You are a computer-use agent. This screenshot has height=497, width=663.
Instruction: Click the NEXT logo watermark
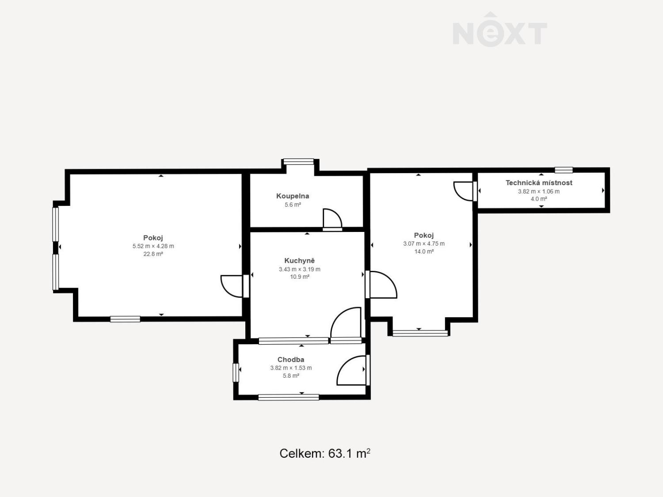point(500,30)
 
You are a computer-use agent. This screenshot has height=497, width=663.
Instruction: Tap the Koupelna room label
point(293,196)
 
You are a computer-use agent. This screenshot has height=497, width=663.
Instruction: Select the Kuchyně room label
point(299,261)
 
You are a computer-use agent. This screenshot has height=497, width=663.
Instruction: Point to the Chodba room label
point(291,360)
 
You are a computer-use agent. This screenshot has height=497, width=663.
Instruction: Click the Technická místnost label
point(539,182)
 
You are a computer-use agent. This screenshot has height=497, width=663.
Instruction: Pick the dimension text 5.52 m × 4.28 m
point(153,246)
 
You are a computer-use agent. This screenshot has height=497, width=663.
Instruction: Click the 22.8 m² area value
point(153,254)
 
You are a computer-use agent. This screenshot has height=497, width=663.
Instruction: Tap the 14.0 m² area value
point(424,251)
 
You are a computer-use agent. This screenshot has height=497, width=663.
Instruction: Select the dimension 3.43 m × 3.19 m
point(299,269)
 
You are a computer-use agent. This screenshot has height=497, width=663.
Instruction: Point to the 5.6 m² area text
point(293,205)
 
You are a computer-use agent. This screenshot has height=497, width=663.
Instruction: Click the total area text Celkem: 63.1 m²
point(325,453)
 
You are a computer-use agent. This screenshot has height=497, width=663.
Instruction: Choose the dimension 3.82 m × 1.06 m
point(539,191)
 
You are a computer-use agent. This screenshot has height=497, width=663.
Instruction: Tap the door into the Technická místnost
point(465,191)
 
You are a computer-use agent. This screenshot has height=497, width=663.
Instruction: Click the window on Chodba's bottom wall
point(289,398)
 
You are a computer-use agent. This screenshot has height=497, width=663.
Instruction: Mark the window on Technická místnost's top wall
point(564,170)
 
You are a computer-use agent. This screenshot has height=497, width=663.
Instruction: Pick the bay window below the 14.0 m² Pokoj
point(420,333)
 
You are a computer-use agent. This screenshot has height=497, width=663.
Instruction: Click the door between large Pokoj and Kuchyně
point(234,286)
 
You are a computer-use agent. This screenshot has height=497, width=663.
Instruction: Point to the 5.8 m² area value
point(291,376)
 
